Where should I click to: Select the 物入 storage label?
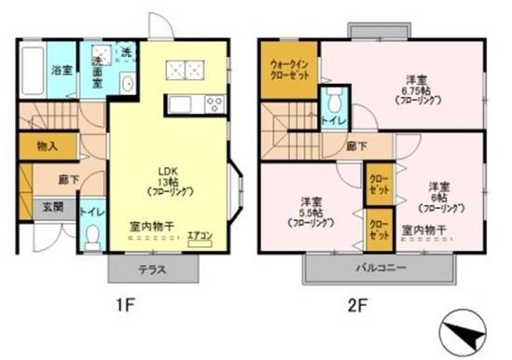[x=47, y=146]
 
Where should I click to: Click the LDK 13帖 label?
[x=169, y=176]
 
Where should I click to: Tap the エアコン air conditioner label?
[x=200, y=235]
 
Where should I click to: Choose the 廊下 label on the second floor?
[x=354, y=145]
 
